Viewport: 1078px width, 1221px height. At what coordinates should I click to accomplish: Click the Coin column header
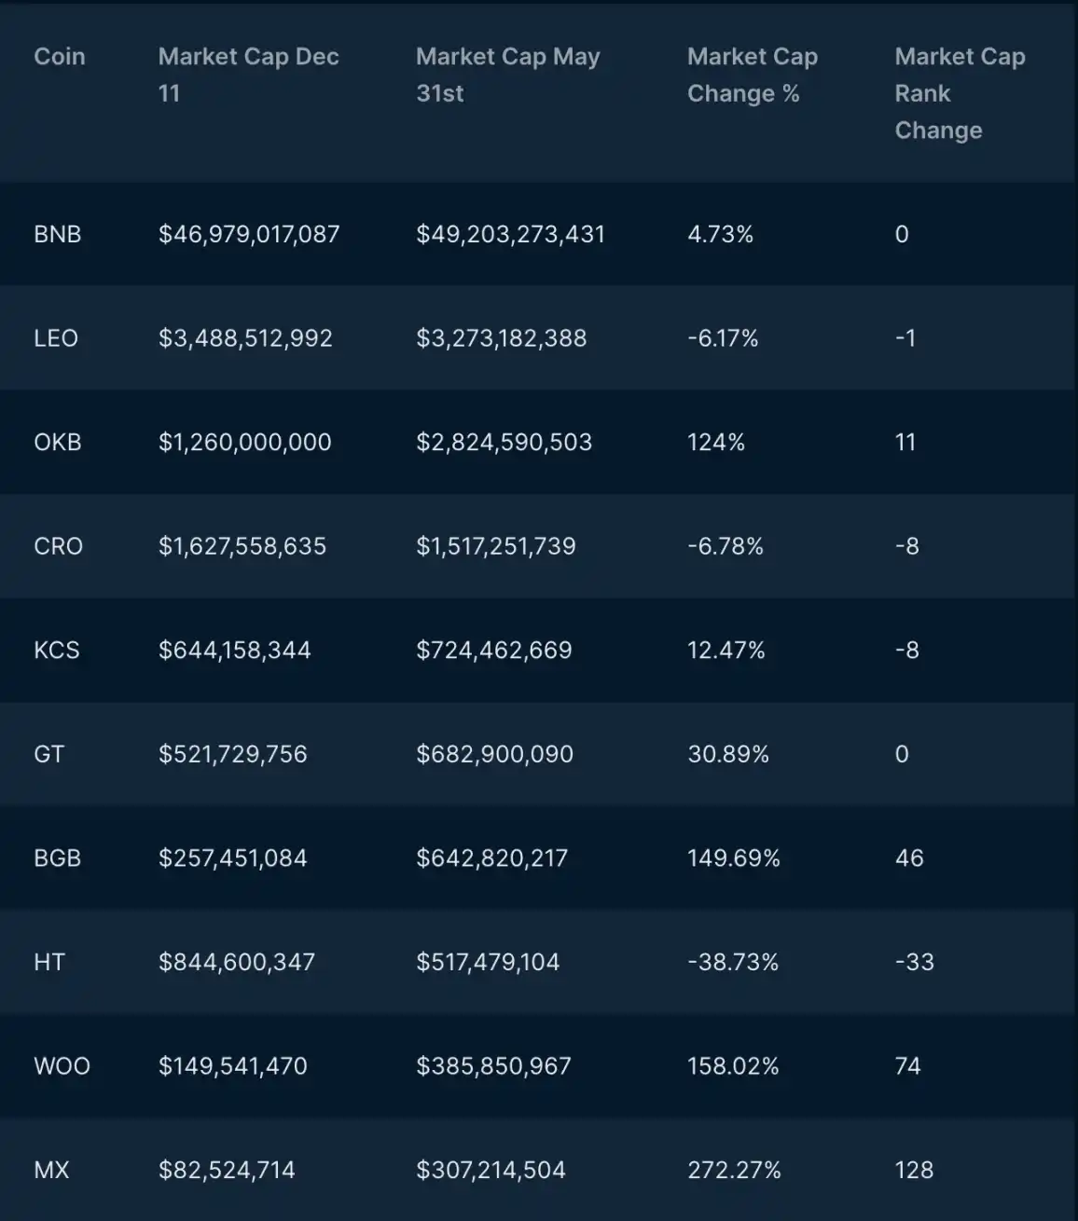click(x=59, y=57)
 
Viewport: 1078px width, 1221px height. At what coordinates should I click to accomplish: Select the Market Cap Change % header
click(x=752, y=75)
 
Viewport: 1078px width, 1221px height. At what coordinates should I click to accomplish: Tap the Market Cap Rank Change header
click(x=960, y=93)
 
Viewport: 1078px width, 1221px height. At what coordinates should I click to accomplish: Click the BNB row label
click(x=57, y=234)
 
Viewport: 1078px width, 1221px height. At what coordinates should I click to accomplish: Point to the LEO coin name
click(x=56, y=338)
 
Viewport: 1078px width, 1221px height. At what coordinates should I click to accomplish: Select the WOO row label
click(x=62, y=1066)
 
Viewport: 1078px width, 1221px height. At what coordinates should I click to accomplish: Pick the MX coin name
click(x=51, y=1170)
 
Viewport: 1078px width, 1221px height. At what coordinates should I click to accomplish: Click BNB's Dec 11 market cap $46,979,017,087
click(x=249, y=234)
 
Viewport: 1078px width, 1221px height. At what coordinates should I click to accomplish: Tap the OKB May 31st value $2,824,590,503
click(x=504, y=442)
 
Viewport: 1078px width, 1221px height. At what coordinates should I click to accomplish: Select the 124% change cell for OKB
click(x=716, y=442)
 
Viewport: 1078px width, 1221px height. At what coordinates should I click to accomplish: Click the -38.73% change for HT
click(x=733, y=962)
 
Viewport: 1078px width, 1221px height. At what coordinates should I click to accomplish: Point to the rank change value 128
click(x=914, y=1170)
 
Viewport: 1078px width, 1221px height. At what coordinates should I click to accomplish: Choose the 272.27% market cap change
click(x=734, y=1170)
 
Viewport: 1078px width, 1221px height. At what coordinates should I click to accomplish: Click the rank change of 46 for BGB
click(x=909, y=858)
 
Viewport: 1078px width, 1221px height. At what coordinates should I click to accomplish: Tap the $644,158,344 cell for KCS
click(x=234, y=651)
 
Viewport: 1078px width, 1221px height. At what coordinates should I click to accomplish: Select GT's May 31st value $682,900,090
click(x=494, y=754)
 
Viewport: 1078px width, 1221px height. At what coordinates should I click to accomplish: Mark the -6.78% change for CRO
click(x=726, y=546)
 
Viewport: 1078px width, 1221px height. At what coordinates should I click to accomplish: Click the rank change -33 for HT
click(x=914, y=962)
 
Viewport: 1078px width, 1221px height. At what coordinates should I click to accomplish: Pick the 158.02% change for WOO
click(x=733, y=1066)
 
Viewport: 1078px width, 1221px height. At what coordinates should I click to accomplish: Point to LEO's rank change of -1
click(x=905, y=338)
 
